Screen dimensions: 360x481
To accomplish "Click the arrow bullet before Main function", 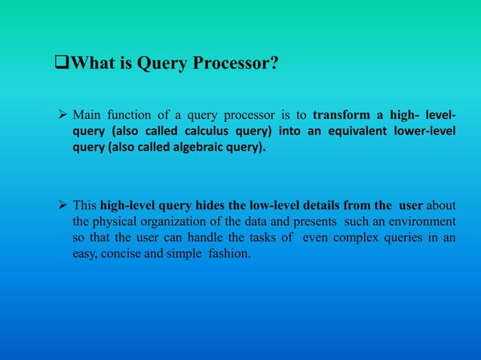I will pos(63,115).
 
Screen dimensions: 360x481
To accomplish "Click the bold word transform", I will pos(339,115).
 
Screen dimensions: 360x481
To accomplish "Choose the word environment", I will pos(421,223).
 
